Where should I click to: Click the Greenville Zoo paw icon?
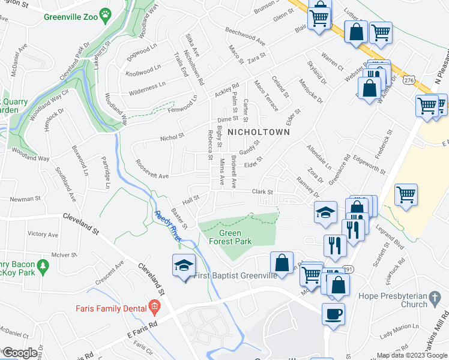(x=106, y=13)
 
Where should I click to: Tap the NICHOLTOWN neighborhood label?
(x=258, y=131)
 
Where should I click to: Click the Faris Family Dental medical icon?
(x=154, y=308)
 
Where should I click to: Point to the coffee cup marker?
(x=333, y=313)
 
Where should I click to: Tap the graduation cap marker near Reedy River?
(x=183, y=266)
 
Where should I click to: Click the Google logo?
(x=20, y=352)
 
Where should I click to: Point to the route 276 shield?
(x=409, y=80)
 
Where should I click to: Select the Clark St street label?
(x=262, y=193)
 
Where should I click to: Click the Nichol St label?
(x=172, y=137)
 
